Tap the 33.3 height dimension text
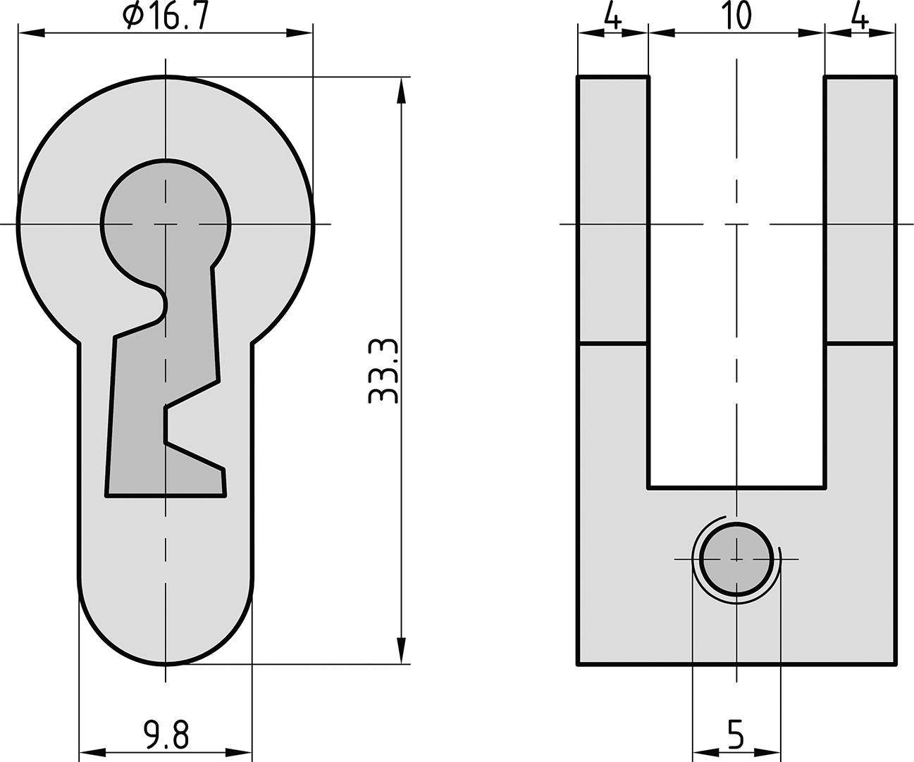(384, 370)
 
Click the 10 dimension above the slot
(736, 16)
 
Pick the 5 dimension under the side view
(735, 736)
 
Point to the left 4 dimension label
(612, 16)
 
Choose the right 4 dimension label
(860, 16)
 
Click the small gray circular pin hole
(736, 559)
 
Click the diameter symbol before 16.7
(134, 16)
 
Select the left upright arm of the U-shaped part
(613, 211)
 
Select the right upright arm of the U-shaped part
(860, 211)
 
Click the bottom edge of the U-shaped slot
(736, 487)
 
